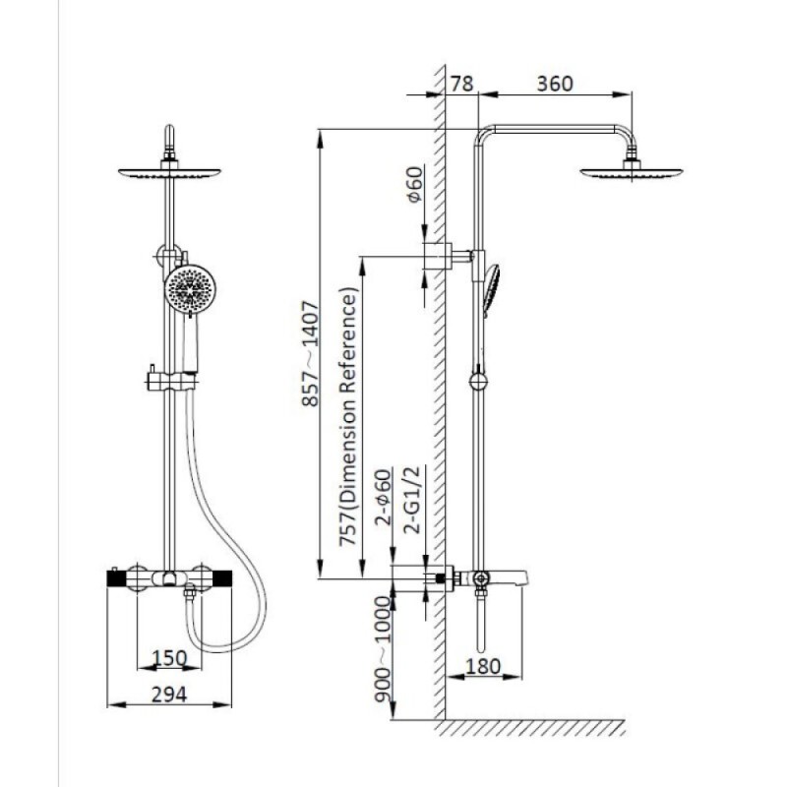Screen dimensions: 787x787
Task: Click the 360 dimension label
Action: coord(555,84)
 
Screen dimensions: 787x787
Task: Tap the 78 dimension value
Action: coord(461,84)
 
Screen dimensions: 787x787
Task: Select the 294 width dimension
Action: coord(169,695)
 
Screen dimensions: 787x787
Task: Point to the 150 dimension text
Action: coord(169,658)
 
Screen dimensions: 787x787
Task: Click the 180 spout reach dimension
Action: coord(483,666)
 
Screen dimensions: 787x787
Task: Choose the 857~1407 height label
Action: coord(310,353)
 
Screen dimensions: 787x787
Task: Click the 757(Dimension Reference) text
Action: coord(348,416)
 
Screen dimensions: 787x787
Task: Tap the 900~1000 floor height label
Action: coord(383,649)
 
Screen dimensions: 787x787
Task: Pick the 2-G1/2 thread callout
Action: coord(411,500)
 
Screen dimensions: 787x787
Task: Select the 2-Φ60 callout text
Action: coord(383,497)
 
